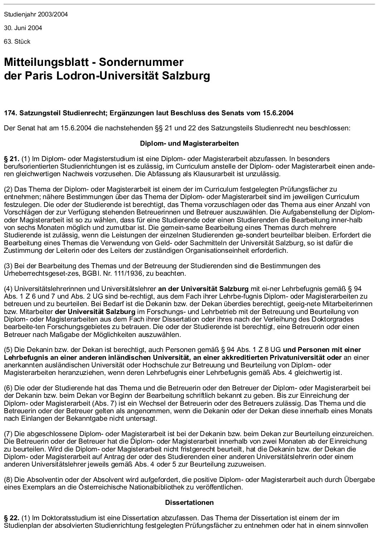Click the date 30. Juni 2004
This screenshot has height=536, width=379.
23,28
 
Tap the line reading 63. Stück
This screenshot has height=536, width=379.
17,42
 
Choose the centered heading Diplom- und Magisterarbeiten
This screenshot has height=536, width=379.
189,144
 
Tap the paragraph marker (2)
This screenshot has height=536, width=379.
8,189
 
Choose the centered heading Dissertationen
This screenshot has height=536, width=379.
189,502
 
